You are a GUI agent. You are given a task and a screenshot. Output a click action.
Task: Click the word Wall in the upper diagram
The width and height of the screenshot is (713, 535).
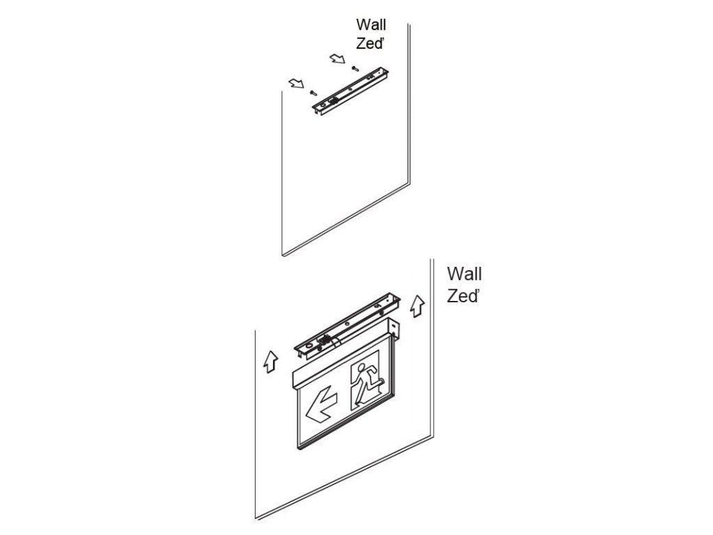[370, 26]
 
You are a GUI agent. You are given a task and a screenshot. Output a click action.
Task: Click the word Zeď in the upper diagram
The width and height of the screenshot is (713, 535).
[371, 43]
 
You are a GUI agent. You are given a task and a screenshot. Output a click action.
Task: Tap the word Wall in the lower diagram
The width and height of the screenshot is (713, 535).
[464, 273]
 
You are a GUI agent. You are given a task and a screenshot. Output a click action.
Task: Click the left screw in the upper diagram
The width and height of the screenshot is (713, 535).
[313, 91]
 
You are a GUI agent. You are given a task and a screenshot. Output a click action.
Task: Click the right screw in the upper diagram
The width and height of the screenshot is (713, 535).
[356, 68]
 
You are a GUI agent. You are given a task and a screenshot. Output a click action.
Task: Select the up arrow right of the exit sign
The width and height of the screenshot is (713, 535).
[417, 305]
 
